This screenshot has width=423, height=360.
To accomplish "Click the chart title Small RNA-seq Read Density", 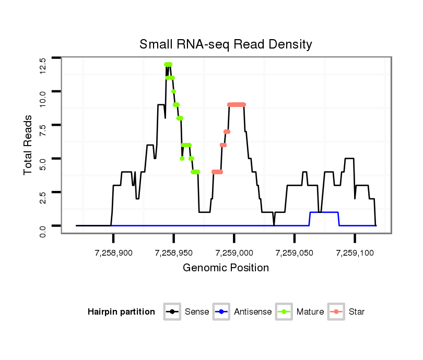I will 226,44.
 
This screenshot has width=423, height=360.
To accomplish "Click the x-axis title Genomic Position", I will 226,268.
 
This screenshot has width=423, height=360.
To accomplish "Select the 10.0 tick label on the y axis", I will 43,98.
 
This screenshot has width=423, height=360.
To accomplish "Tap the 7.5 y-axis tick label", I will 43,130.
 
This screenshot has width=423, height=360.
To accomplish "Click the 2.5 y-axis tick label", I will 43,198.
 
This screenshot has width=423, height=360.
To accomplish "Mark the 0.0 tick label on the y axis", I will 43,230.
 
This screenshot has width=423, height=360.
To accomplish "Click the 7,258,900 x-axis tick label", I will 113,253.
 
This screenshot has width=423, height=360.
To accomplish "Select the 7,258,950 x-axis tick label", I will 173,253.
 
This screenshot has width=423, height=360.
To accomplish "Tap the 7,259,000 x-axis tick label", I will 234,253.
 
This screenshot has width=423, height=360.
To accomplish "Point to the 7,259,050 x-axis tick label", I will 295,253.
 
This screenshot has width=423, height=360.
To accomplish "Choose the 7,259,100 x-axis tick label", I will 355,253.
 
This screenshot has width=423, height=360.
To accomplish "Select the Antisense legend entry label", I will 253,312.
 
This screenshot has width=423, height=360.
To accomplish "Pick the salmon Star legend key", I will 337,312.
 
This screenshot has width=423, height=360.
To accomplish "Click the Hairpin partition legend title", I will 121,312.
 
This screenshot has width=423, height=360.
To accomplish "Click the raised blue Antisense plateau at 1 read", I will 324,212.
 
